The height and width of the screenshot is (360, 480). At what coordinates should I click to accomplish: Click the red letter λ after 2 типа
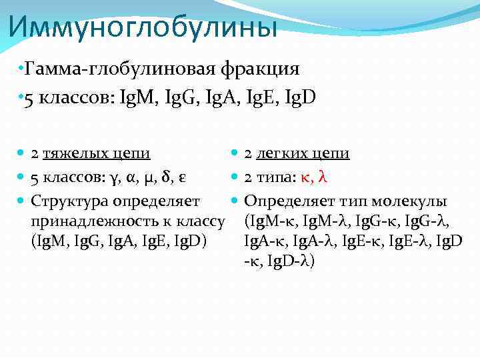coord(323,177)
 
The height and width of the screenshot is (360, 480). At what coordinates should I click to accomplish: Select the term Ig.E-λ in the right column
coord(411,241)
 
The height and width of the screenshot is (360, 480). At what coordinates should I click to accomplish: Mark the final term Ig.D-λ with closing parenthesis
coord(291,261)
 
